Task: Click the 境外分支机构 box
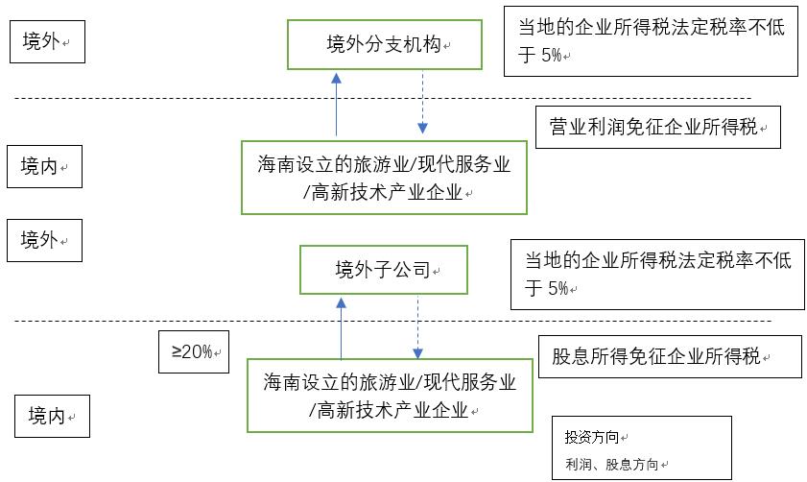tap(383, 44)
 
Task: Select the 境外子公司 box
tap(383, 269)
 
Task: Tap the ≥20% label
tap(194, 351)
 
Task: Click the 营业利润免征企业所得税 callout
tap(657, 127)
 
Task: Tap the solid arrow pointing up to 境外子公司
tap(342, 326)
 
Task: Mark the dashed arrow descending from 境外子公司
tap(418, 326)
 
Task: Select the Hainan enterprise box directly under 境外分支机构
tap(385, 178)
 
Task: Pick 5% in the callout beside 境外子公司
tap(558, 287)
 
